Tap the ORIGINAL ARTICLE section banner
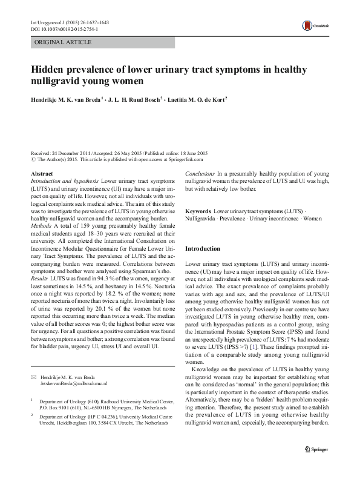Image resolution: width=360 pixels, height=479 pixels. tap(63, 42)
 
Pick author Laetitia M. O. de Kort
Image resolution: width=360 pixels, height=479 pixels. tap(195, 98)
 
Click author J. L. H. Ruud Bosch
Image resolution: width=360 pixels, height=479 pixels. tap(134, 98)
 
